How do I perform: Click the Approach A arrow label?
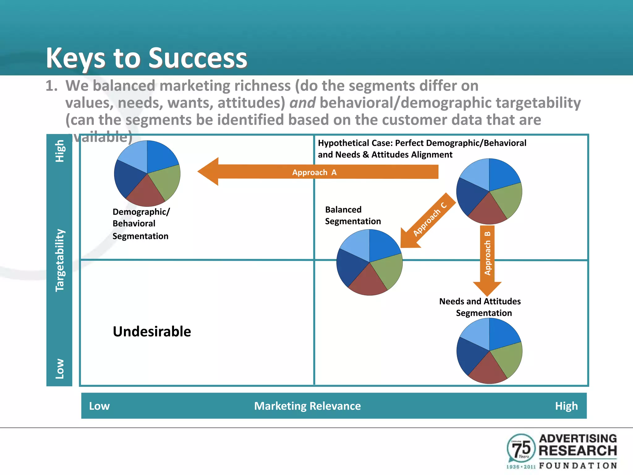tap(314, 172)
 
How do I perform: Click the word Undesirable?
tap(152, 332)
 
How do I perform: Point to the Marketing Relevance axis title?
tap(307, 406)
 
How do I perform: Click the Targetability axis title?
tap(60, 260)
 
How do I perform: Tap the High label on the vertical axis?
tap(60, 151)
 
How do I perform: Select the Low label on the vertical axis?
tap(60, 369)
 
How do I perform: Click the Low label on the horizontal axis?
tap(99, 406)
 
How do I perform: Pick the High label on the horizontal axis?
tap(566, 406)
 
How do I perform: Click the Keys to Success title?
tap(147, 58)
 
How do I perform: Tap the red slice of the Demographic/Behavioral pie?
tap(145, 193)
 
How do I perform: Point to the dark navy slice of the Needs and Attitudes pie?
tap(470, 356)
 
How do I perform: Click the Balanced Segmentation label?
tap(353, 216)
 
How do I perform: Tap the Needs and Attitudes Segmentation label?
tap(480, 307)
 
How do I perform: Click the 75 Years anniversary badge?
tap(521, 448)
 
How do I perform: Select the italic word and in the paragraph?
tap(302, 103)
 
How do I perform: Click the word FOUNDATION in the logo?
tap(578, 466)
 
